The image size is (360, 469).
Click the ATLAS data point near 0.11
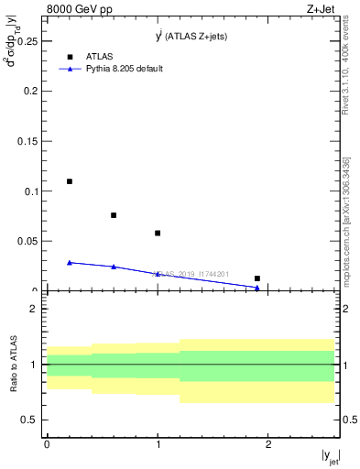point(70,181)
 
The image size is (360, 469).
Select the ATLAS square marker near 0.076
point(114,215)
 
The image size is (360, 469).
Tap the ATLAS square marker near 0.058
point(158,233)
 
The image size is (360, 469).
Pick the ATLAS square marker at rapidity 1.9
point(257,278)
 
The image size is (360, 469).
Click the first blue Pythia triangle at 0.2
point(70,263)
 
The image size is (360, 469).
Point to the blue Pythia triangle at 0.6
point(114,267)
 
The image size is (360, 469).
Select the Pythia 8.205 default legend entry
point(125,69)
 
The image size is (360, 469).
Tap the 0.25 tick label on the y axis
point(27,41)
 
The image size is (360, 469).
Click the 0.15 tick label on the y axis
point(27,141)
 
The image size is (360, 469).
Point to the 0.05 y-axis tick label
point(27,241)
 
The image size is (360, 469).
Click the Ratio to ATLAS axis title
point(14,365)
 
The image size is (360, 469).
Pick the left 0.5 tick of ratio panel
point(31,420)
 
